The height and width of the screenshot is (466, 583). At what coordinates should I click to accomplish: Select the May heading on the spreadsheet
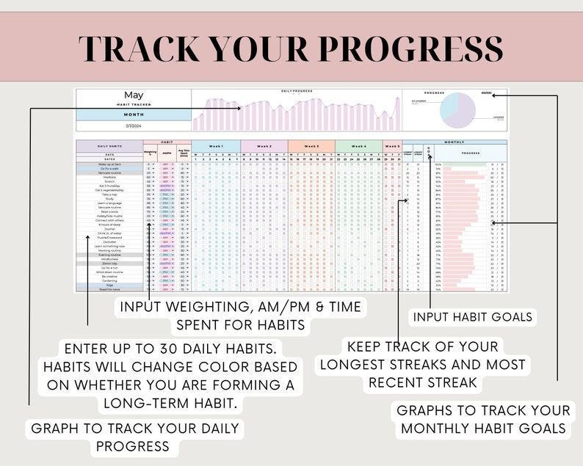point(134,95)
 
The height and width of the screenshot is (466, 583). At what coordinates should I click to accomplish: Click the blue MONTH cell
point(134,115)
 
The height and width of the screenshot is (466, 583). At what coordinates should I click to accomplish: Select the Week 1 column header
point(216,146)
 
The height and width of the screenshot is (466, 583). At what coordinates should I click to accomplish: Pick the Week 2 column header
point(264,146)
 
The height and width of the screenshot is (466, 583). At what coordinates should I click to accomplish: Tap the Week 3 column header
point(311,146)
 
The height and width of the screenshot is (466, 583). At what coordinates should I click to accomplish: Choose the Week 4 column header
point(359,146)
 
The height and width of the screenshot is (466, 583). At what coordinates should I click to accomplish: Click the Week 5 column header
point(393,146)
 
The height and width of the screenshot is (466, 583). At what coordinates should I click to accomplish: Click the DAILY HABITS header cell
point(109,147)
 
